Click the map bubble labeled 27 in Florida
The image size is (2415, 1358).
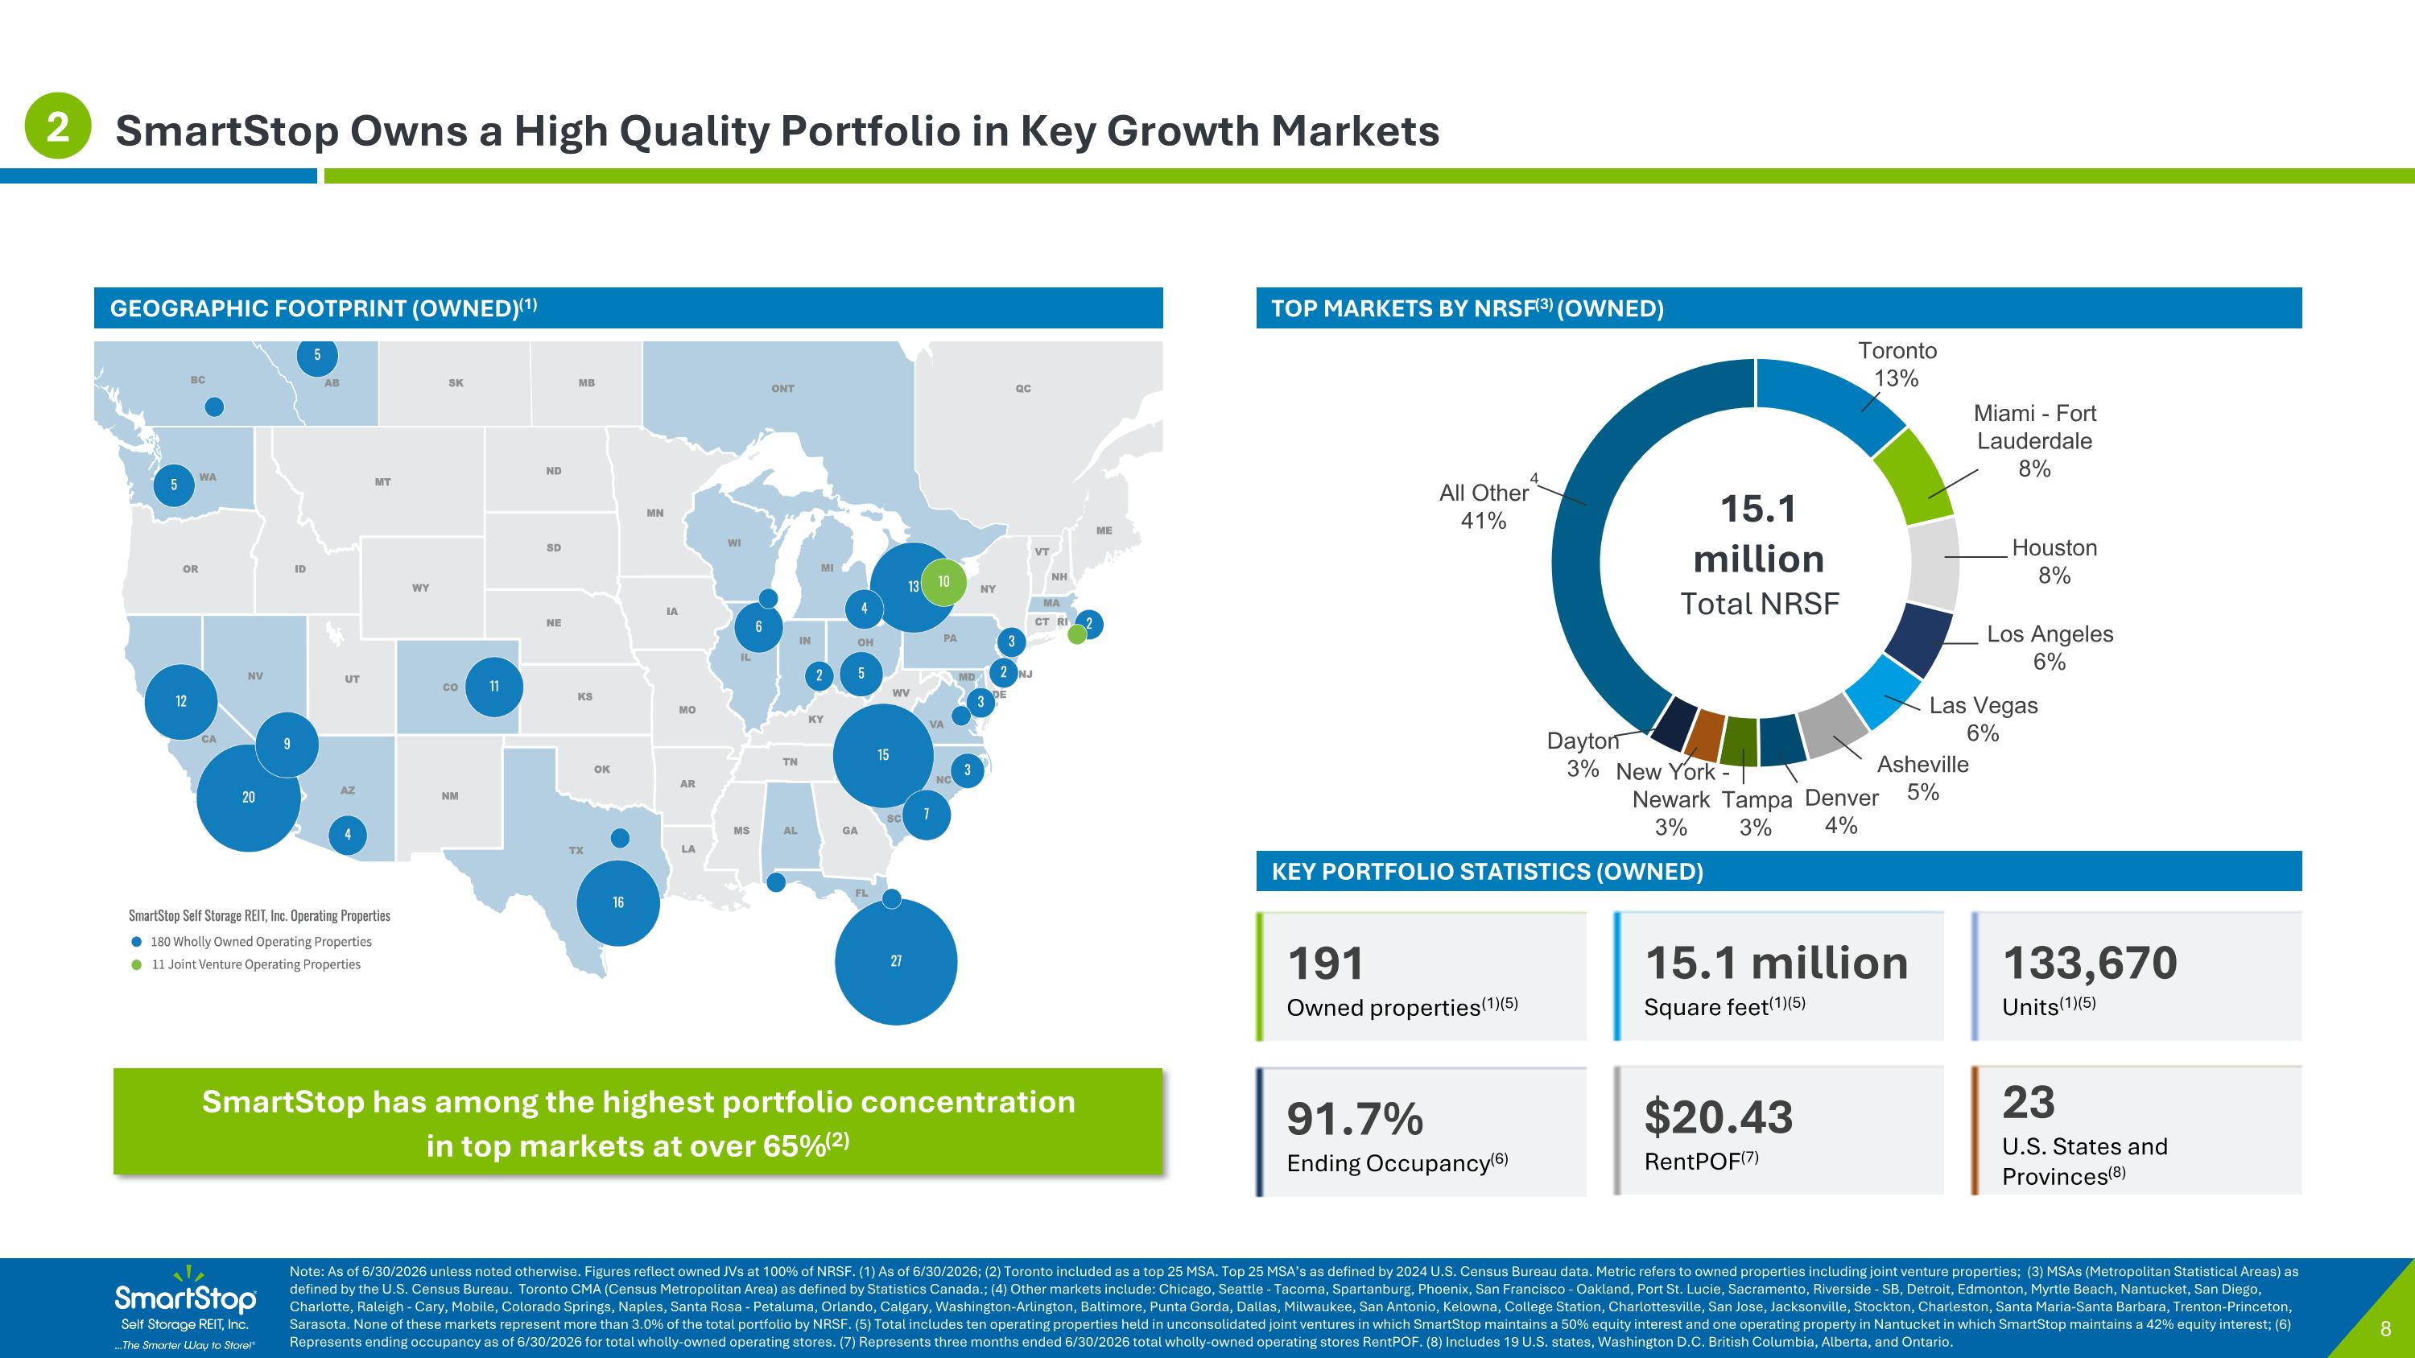pos(895,962)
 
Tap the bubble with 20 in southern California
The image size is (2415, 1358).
pos(249,798)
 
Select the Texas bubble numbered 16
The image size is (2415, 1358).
pos(617,902)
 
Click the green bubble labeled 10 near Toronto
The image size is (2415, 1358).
pos(944,582)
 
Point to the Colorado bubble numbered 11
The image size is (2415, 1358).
pos(494,687)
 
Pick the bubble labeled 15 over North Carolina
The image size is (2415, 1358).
pos(883,755)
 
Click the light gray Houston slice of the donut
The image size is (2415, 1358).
pos(1933,563)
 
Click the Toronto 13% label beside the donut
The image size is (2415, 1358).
pos(1897,365)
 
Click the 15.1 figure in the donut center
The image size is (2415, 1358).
pos(1759,509)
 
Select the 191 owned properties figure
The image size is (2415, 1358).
pos(1326,964)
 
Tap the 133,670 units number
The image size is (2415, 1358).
pos(2090,964)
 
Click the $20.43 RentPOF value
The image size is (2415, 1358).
pos(1719,1117)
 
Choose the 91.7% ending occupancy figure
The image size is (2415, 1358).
pos(1355,1119)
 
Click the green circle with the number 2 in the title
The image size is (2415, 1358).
pos(58,126)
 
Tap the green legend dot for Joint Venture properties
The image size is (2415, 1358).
pos(137,964)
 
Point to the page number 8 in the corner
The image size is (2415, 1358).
pos(2386,1329)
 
